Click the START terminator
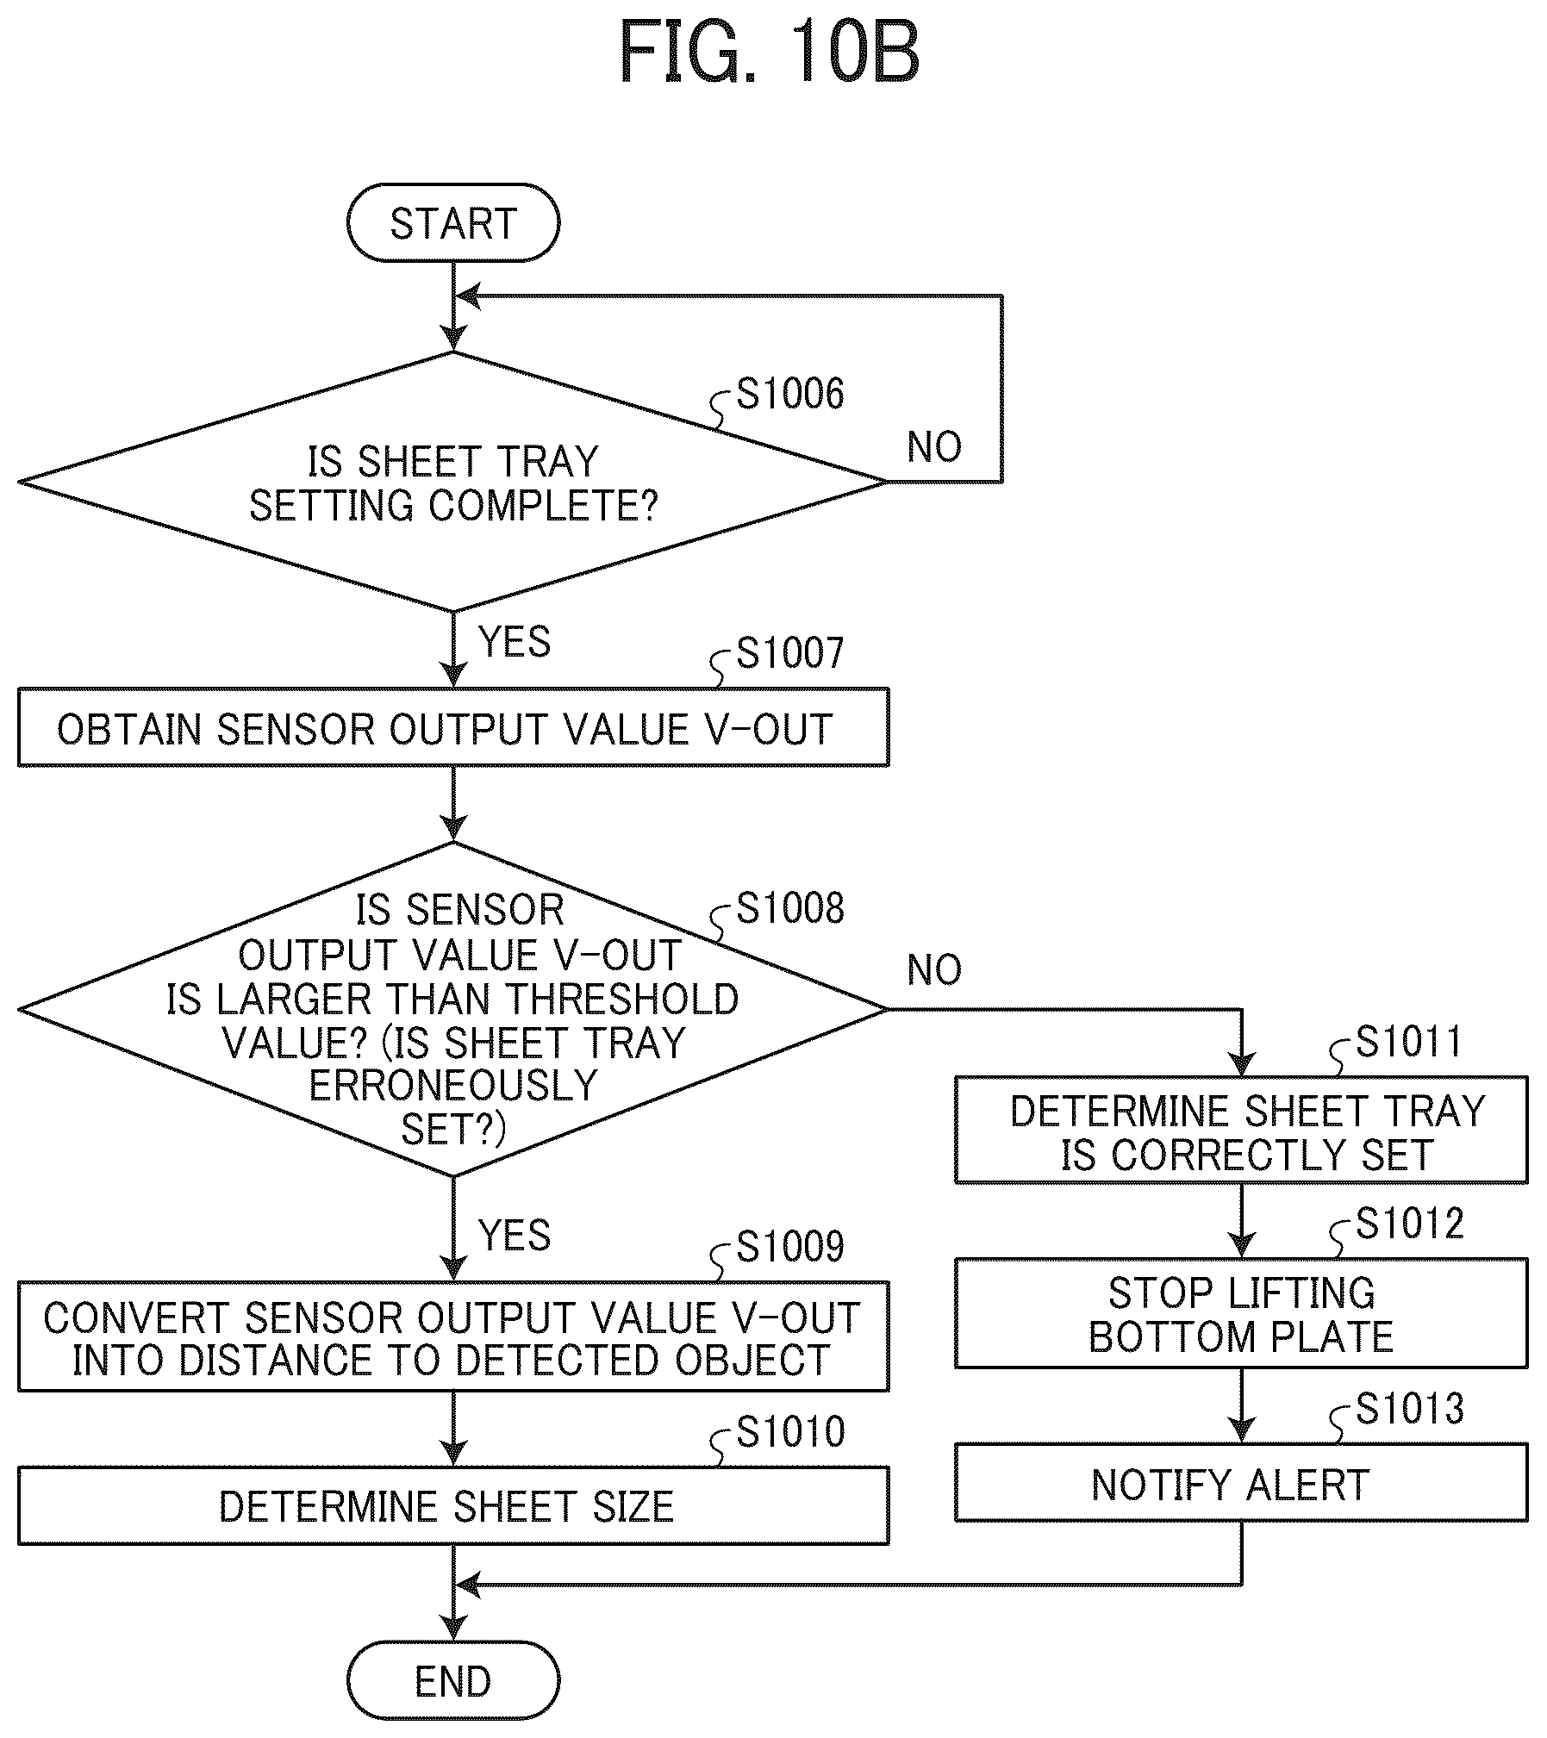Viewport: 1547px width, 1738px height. tap(453, 223)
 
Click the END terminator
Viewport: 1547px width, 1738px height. tap(453, 1681)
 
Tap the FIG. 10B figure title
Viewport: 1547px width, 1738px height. tap(770, 53)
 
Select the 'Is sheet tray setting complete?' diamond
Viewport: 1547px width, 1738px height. tap(453, 482)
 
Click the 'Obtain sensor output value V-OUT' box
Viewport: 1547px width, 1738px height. tap(453, 728)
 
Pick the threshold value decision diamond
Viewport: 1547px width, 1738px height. tap(453, 1009)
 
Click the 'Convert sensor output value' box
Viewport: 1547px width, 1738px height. tap(453, 1336)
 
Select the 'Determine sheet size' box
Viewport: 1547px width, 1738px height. tap(453, 1505)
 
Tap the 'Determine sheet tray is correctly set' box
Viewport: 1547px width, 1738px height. tap(1241, 1130)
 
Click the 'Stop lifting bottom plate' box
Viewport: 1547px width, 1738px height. tap(1241, 1313)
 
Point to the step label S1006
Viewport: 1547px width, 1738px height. tap(790, 394)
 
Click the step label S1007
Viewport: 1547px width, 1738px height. tap(790, 653)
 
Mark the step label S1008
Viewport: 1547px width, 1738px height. tap(790, 908)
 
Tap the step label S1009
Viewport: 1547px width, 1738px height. tap(790, 1246)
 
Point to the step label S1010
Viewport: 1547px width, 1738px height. tap(790, 1432)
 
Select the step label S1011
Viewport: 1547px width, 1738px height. tap(1410, 1042)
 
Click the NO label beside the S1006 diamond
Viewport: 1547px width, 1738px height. tap(935, 447)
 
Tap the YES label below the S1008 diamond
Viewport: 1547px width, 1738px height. tap(515, 1236)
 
